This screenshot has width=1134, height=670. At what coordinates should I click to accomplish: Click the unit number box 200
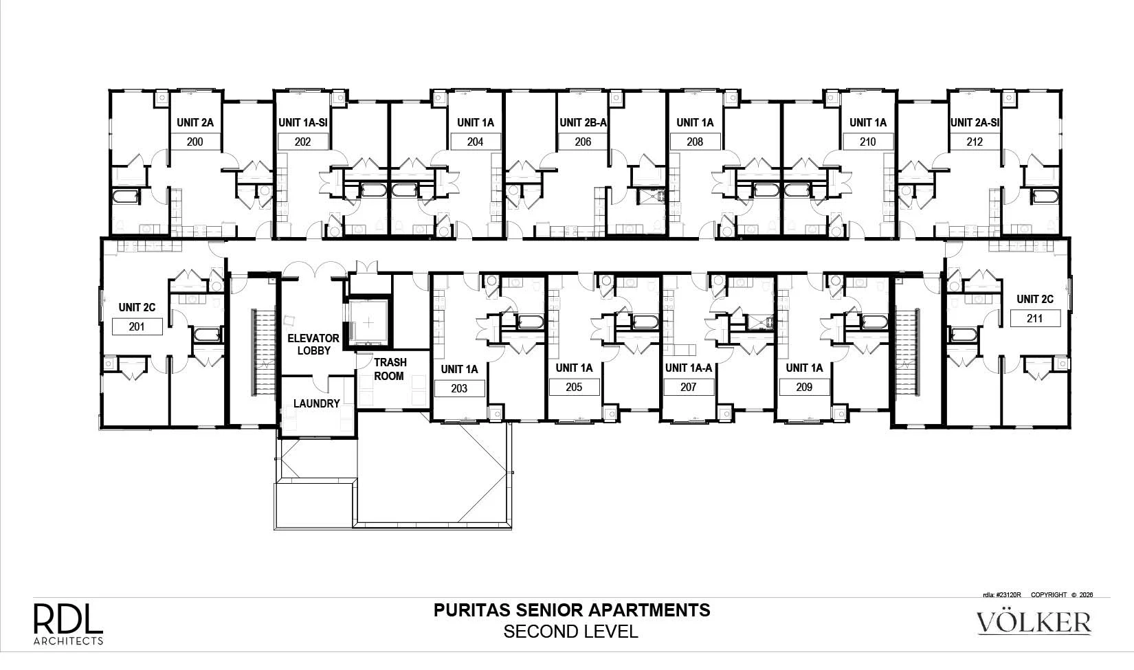click(x=195, y=142)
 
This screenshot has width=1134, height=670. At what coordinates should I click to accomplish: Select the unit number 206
click(x=583, y=142)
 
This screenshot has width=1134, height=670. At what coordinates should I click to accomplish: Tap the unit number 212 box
click(x=975, y=142)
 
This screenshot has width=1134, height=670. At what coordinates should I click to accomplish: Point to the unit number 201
click(x=137, y=326)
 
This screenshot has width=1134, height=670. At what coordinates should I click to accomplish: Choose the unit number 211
click(x=1035, y=318)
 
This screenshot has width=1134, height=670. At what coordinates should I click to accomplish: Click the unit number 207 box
click(x=689, y=387)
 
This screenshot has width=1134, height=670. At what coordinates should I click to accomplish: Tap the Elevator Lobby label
click(x=313, y=344)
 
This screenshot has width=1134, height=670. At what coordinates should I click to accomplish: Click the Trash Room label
click(x=390, y=369)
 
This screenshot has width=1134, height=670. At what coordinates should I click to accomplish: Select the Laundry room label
click(x=316, y=403)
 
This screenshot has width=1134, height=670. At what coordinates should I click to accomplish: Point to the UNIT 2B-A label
click(x=583, y=122)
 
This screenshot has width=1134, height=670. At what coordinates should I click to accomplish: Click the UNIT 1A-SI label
click(x=303, y=122)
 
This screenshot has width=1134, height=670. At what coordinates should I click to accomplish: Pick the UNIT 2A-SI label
click(x=975, y=122)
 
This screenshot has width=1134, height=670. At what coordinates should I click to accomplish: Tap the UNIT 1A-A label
click(x=689, y=368)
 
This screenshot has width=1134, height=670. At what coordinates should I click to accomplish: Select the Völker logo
click(x=1034, y=623)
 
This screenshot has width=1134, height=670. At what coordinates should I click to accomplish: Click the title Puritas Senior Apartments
click(x=572, y=610)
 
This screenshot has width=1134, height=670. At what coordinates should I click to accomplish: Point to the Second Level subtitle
click(x=571, y=632)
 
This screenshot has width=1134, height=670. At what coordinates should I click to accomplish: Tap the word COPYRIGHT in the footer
click(x=1049, y=594)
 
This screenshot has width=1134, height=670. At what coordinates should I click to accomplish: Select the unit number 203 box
click(x=460, y=389)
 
